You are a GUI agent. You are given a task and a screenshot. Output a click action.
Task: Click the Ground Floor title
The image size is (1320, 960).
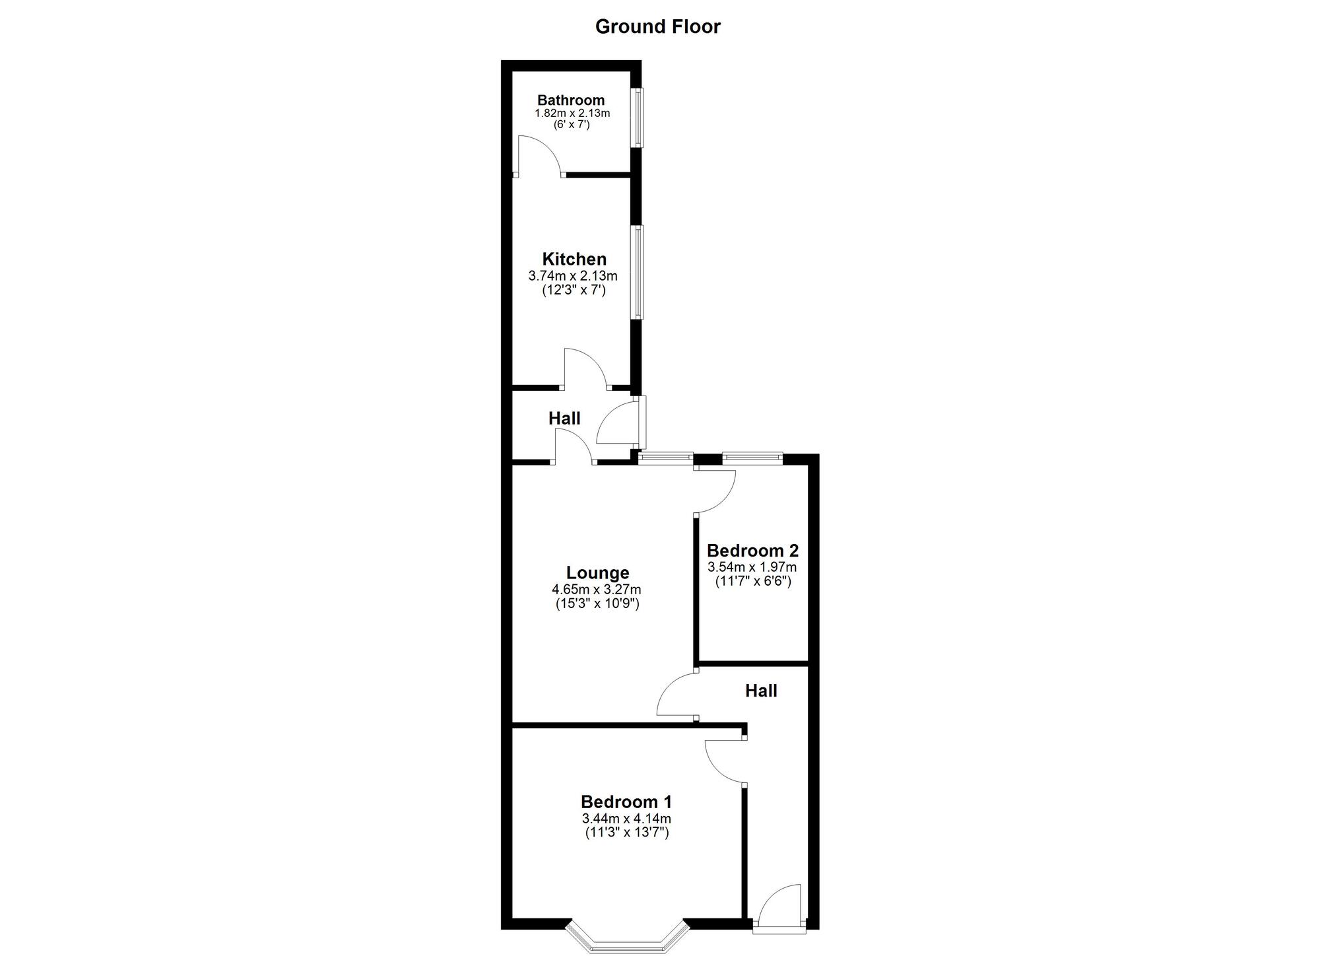coord(657,26)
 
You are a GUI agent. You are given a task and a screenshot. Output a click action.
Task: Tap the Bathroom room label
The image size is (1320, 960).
coord(571,100)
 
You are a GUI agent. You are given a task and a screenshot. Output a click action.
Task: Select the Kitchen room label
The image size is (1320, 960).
coord(574,259)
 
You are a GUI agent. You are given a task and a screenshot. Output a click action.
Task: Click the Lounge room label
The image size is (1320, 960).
coord(597,572)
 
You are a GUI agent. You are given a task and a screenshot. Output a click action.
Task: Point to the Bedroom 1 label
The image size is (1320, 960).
coord(626,802)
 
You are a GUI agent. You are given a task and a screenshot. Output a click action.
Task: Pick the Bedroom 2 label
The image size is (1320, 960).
coord(752,550)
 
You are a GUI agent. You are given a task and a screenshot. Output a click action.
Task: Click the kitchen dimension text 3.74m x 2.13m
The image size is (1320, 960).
coord(573,275)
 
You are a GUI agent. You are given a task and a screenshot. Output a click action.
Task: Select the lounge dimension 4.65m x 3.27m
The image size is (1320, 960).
coord(597,589)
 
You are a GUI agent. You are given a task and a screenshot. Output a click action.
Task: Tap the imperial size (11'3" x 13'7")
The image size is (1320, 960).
coord(626,833)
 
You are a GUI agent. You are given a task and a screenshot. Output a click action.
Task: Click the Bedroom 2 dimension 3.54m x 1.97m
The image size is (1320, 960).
coord(752,566)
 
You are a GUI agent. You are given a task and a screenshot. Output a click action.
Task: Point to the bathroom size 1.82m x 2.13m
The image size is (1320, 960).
coord(572,113)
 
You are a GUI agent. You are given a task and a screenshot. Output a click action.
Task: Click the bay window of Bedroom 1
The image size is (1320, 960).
coord(626,938)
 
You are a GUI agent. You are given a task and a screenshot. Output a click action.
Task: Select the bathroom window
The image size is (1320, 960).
coord(638,118)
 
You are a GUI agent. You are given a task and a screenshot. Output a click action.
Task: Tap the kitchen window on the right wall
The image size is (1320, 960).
coord(638,272)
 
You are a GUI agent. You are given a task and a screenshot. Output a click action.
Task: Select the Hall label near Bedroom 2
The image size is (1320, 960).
coord(761,691)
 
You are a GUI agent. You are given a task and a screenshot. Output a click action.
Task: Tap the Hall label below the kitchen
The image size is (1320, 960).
coord(564,418)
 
